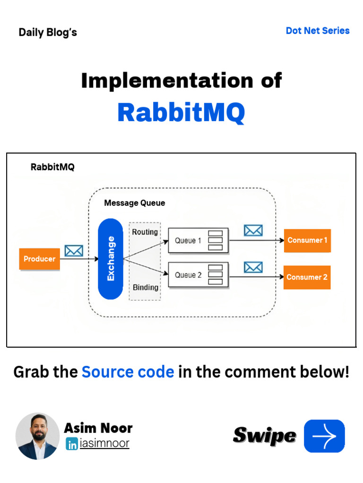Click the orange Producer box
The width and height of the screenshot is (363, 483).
39,259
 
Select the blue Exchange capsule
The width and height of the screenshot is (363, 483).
110,259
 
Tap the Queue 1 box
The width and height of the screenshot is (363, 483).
198,241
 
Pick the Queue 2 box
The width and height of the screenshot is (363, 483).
198,275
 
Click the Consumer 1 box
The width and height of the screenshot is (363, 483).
307,241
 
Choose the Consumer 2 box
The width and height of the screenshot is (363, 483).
307,277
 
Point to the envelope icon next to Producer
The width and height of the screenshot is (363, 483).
74,250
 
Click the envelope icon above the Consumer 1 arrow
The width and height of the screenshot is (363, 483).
253,231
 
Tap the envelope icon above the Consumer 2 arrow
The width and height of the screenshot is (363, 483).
253,267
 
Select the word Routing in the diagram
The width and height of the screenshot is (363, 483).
145,232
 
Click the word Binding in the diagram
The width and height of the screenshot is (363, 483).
145,287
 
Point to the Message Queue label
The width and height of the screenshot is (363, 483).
135,203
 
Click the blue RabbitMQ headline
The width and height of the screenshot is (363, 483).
181,113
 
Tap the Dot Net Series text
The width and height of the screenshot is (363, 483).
318,31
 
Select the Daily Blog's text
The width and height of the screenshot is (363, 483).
48,33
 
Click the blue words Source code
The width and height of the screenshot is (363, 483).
128,372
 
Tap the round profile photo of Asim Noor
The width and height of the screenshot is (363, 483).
37,436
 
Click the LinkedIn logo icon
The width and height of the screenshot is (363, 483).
72,444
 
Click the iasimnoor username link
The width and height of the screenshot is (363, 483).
104,443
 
